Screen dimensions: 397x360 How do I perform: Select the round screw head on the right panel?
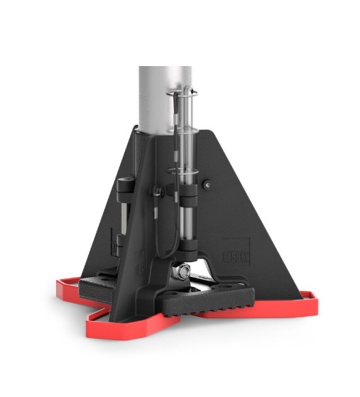[x=206, y=185]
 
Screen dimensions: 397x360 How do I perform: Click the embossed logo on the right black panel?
[x=235, y=252]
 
